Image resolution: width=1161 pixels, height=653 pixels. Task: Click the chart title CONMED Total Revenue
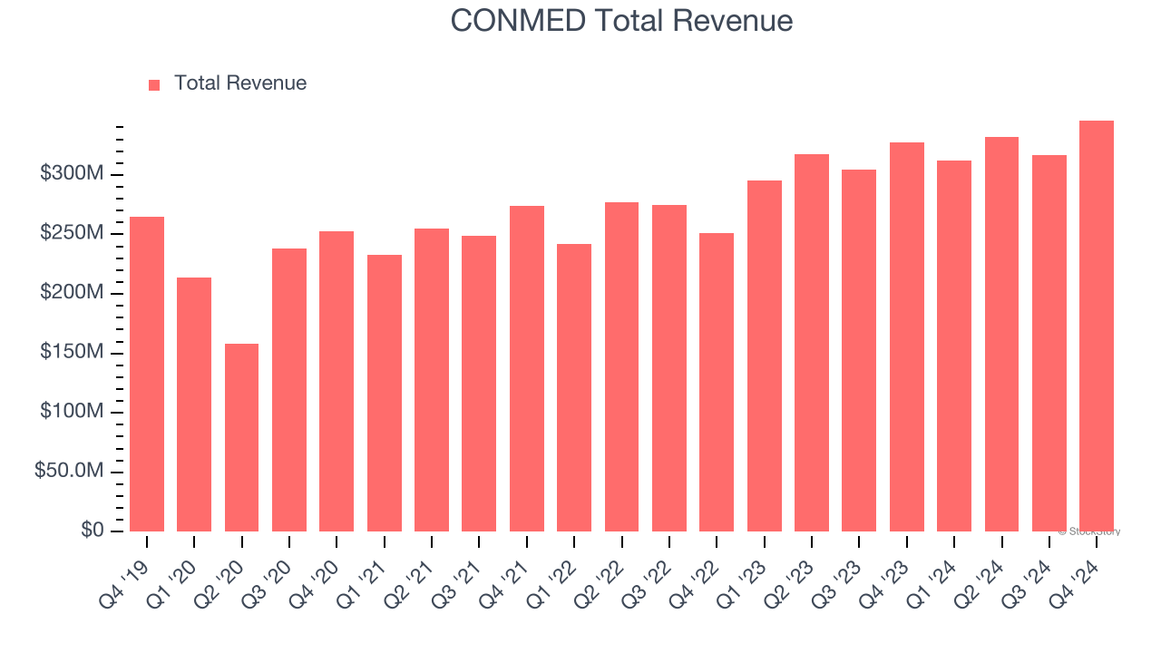click(x=621, y=21)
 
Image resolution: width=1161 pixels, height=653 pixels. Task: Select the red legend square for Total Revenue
click(x=154, y=84)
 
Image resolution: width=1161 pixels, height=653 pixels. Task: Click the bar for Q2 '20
click(x=241, y=437)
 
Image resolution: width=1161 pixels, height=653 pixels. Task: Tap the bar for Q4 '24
click(x=1097, y=326)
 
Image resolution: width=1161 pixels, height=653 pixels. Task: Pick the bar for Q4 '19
click(x=147, y=374)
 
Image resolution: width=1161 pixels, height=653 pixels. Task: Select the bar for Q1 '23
click(x=764, y=356)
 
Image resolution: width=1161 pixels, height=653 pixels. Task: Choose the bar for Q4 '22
click(x=717, y=382)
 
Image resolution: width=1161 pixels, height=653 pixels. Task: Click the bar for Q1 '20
click(x=194, y=404)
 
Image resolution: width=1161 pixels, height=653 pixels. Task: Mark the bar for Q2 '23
click(x=812, y=343)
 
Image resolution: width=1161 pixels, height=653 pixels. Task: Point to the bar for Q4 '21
click(x=527, y=368)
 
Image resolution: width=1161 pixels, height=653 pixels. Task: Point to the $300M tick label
click(x=72, y=174)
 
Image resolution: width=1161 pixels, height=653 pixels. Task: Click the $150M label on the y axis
click(x=72, y=352)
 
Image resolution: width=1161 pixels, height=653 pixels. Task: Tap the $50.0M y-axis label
click(x=69, y=472)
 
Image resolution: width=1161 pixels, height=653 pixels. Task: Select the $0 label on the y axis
click(x=93, y=531)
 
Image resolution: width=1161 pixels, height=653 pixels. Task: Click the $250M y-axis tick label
click(x=72, y=234)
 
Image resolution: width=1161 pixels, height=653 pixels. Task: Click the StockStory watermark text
click(x=1089, y=531)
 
